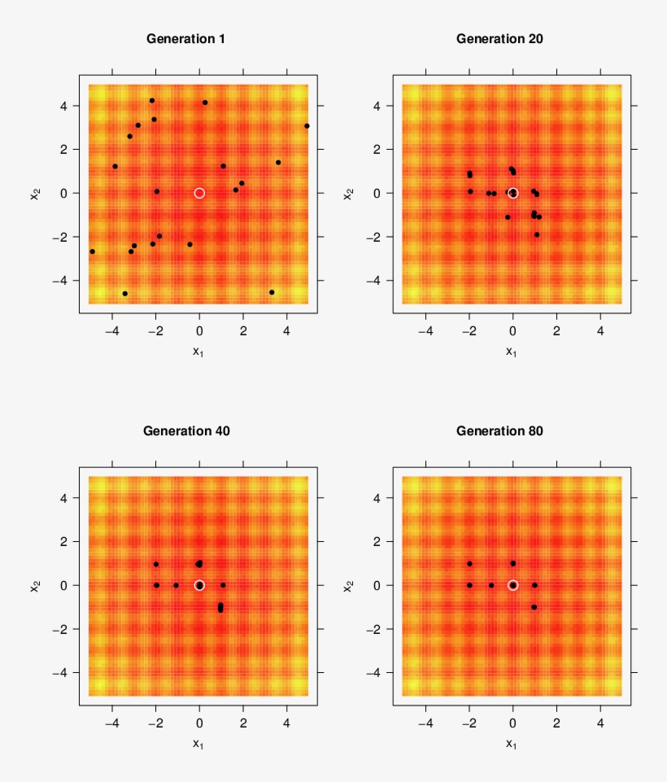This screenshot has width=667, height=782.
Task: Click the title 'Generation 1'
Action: [x=185, y=38]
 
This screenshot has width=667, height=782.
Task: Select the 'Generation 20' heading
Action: [x=499, y=38]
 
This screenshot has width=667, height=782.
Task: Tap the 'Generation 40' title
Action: [x=185, y=430]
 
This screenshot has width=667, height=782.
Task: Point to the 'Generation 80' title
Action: [x=499, y=430]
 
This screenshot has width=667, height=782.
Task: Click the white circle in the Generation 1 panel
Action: [x=199, y=193]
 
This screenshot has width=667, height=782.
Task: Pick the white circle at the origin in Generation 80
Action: [x=512, y=585]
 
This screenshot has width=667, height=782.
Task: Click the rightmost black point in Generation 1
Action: [x=307, y=126]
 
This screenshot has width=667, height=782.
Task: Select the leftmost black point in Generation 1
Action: [x=92, y=251]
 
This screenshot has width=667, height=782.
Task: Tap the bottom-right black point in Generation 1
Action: [x=272, y=292]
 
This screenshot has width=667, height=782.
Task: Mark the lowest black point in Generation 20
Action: [x=537, y=234]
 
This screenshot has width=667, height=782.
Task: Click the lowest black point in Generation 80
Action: [x=534, y=607]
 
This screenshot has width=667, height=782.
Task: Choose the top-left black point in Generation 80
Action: [x=469, y=564]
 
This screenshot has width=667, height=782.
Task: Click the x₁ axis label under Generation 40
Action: [x=198, y=743]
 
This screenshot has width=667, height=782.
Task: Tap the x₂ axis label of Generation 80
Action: [x=349, y=585]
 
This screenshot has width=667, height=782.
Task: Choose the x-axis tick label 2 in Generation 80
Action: [x=556, y=723]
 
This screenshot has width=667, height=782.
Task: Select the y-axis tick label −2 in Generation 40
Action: [x=62, y=629]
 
